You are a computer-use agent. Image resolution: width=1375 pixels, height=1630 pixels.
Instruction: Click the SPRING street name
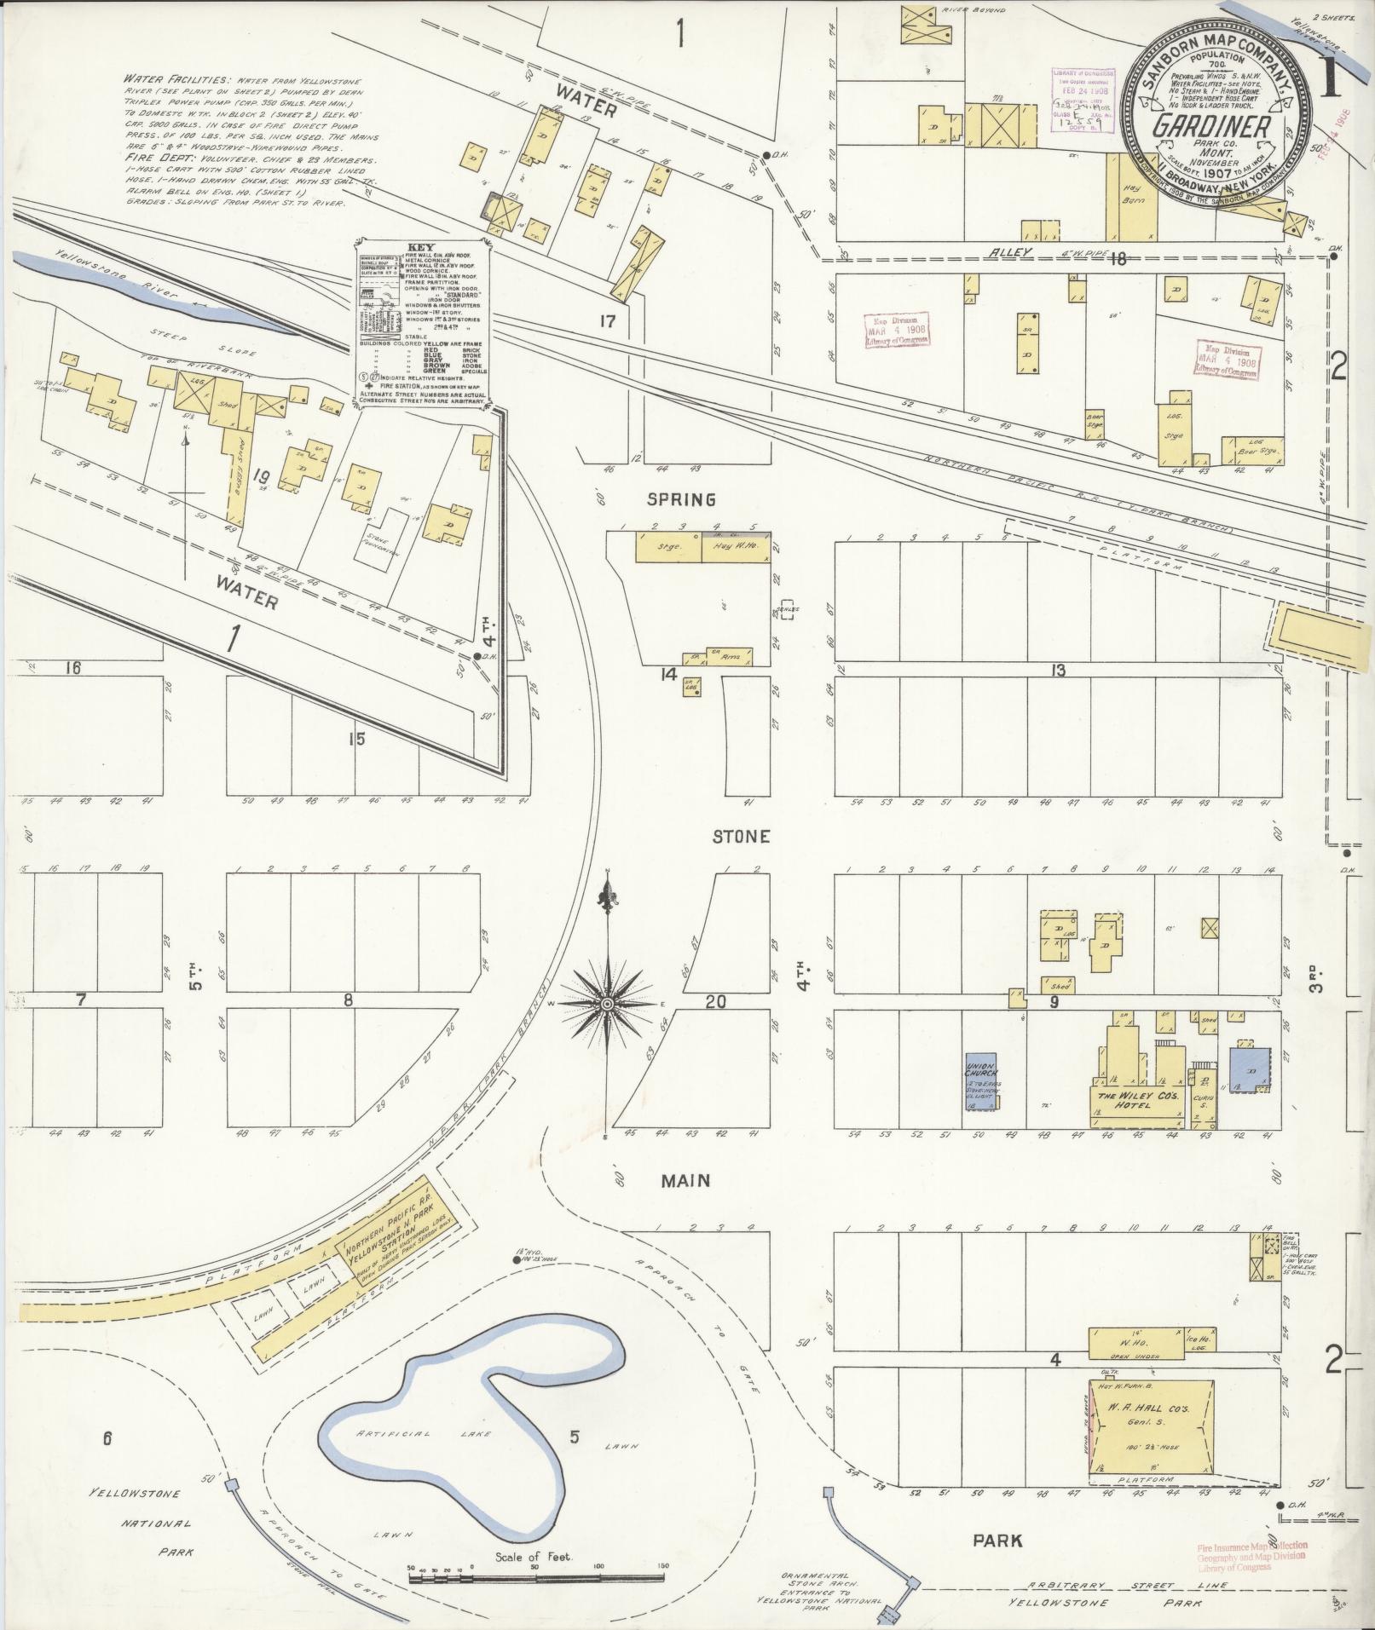click(681, 499)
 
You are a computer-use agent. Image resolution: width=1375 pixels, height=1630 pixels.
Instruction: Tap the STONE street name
click(742, 837)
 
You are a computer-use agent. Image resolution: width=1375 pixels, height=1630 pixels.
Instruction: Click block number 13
click(1057, 671)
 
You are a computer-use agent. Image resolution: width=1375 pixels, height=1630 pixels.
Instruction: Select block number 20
click(716, 1003)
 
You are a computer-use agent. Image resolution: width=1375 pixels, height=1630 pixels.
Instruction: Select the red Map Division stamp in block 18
click(896, 330)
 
